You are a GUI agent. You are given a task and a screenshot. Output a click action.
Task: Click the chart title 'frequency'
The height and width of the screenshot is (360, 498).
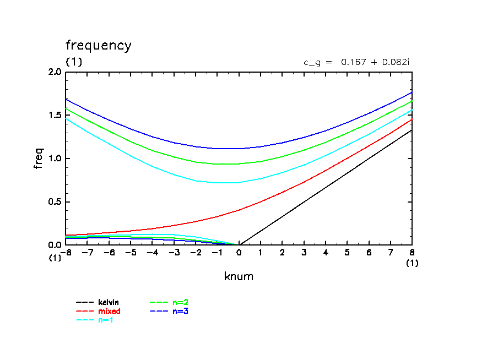click(99, 46)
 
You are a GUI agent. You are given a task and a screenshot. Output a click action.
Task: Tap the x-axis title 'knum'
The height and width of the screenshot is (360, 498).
click(239, 276)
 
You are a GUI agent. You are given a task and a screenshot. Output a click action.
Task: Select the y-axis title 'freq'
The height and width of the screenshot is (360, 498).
click(39, 159)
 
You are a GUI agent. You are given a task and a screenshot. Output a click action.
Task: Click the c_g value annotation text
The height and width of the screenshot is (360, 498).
click(356, 62)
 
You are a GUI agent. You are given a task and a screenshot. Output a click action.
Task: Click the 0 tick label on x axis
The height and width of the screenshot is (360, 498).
click(239, 252)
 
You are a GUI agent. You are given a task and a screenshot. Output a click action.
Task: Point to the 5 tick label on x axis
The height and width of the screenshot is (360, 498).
click(348, 252)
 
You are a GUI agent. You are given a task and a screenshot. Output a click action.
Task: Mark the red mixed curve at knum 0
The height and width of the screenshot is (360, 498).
click(239, 210)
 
